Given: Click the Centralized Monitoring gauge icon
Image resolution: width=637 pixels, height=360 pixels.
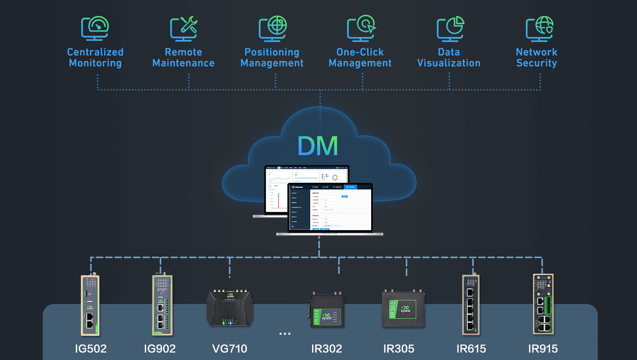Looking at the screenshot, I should point(95,28).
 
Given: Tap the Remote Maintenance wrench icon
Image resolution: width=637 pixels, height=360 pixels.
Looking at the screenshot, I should point(184,28).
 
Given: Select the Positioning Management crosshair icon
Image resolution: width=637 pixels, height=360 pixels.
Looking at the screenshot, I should point(273,28).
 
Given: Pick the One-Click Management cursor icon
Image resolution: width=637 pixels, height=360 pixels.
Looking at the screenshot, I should point(361,28).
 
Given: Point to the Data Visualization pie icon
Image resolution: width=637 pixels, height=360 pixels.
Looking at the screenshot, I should point(450,28).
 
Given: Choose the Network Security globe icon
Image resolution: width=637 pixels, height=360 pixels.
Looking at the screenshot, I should point(539,28).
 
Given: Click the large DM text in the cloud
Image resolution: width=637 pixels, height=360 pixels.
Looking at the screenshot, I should point(318,146).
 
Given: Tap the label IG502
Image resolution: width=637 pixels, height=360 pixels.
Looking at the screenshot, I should point(91,349).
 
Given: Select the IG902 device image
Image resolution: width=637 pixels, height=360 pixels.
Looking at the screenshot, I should point(162,305).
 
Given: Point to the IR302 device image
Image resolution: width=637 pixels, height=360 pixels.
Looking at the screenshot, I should point(326,310).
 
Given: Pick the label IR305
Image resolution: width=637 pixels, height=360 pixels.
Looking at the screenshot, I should point(399,349).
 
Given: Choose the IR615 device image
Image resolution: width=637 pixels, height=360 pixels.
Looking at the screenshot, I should point(471,305).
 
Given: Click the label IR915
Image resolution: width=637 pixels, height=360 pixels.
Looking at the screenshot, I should point(543,349).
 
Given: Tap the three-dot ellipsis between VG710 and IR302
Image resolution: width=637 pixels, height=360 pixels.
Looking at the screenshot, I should point(285,334).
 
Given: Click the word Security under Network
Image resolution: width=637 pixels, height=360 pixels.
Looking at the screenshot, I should point(537,63).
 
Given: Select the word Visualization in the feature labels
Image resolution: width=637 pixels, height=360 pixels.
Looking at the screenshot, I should point(449,63).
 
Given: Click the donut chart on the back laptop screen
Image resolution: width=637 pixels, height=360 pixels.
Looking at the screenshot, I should point(335,178).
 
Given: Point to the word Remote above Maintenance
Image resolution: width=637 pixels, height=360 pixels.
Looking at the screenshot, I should point(183,52).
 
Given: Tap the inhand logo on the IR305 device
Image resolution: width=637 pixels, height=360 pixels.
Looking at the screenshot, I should point(405,309).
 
